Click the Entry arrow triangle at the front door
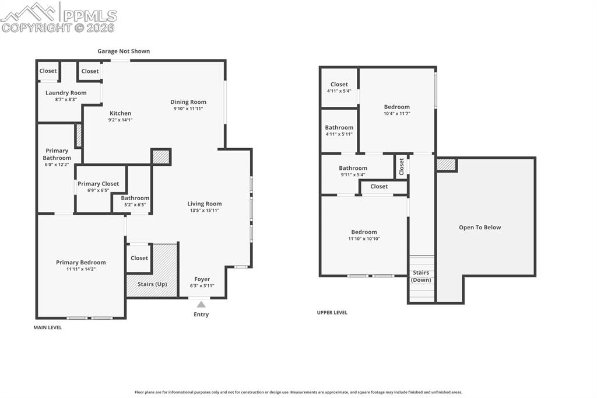click(201, 304)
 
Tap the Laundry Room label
click(66, 93)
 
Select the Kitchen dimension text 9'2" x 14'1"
click(120, 120)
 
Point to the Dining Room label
click(188, 102)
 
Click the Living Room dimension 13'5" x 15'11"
click(205, 210)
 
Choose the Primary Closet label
click(98, 184)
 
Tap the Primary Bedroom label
click(80, 262)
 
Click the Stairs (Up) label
click(152, 284)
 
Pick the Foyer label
click(202, 279)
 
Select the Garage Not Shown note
click(124, 51)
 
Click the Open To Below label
click(480, 227)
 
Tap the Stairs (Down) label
click(421, 276)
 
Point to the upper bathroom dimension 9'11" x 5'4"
click(353, 174)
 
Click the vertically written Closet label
click(401, 166)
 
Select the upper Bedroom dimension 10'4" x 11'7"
click(396, 113)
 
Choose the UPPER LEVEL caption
click(332, 313)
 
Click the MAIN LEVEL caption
click(48, 327)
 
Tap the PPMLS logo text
click(90, 16)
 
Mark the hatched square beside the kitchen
click(161, 156)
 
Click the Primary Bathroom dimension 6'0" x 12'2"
click(57, 165)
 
